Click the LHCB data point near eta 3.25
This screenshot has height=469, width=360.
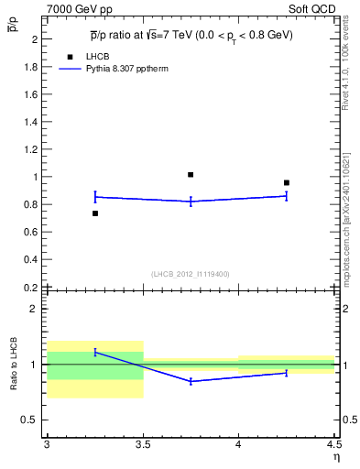pos(95,213)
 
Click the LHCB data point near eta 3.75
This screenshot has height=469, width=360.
pos(191,174)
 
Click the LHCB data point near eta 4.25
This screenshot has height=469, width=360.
pos(287,183)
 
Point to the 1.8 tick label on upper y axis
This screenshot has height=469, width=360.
pos(31,67)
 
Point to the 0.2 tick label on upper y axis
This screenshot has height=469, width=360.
pos(31,288)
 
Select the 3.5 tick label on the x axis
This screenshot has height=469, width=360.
pos(143,444)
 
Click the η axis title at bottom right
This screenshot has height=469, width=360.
pos(335,457)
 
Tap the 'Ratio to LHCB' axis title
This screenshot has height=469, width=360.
pos(14,365)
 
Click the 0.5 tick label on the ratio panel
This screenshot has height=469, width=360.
pos(31,420)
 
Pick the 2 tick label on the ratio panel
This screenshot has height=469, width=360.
pos(35,309)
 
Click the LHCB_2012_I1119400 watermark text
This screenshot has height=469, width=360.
pos(191,274)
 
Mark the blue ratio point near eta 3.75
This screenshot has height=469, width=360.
pos(191,381)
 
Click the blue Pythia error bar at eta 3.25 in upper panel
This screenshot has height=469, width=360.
pos(95,196)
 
